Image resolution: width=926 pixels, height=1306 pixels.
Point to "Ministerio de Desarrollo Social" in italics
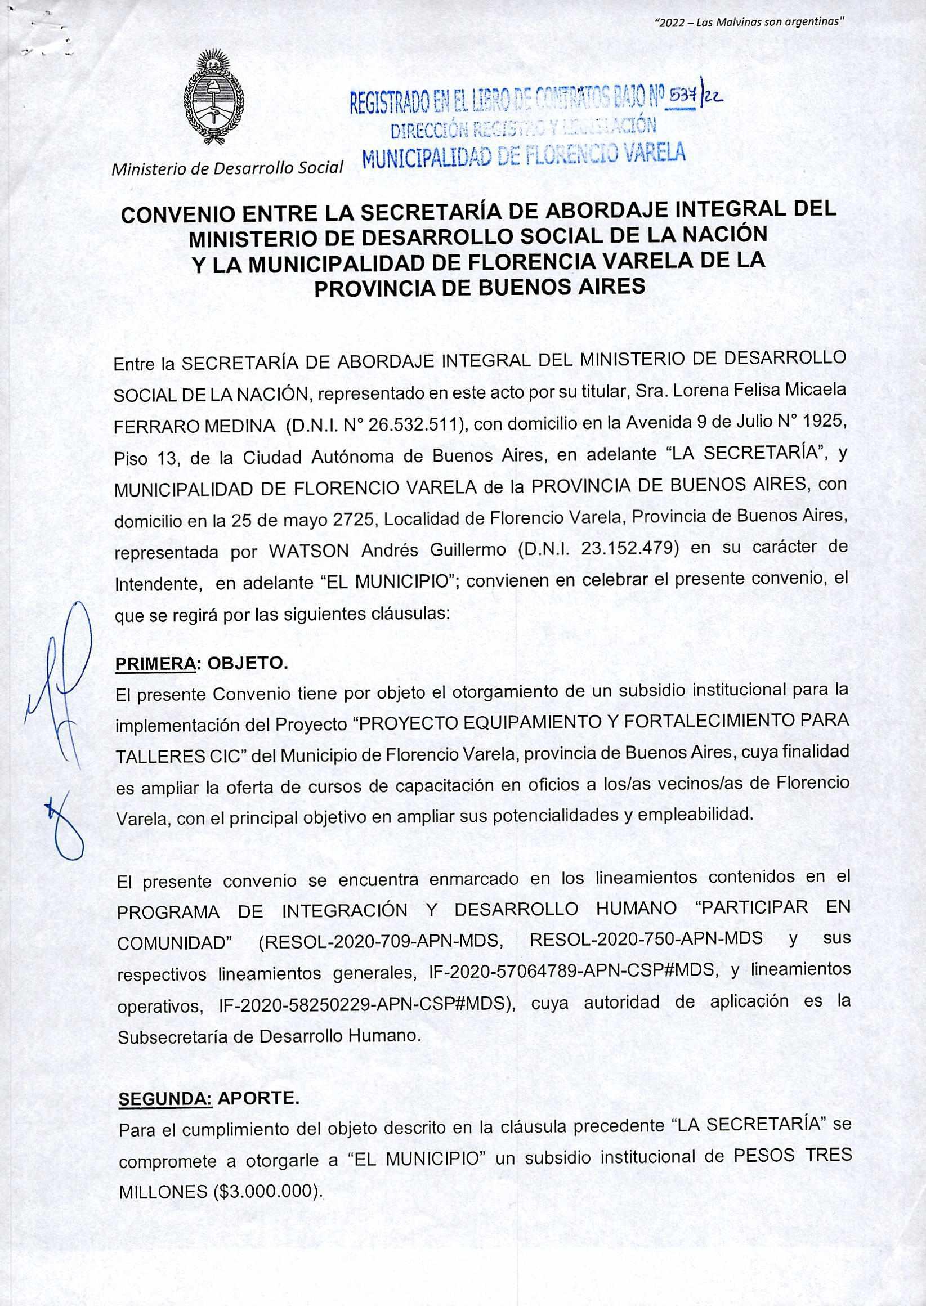(228, 168)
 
